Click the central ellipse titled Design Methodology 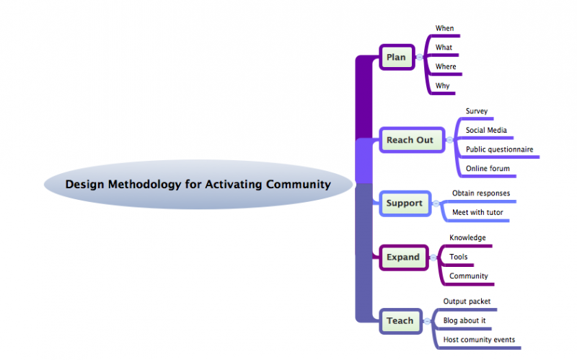tap(198, 184)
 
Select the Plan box tap(397, 57)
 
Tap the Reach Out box tap(410, 140)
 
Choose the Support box tap(404, 203)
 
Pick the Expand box tap(402, 257)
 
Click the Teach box tap(400, 320)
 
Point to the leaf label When tap(444, 28)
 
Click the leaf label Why tap(442, 86)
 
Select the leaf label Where tap(446, 66)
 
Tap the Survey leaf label tap(477, 111)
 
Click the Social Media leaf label tap(485, 130)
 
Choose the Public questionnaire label tap(499, 149)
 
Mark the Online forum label tap(488, 169)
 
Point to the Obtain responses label tap(480, 193)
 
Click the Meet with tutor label tap(477, 213)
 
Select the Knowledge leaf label tap(467, 237)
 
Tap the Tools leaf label tap(458, 257)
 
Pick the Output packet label tap(467, 301)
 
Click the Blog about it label tap(468, 320)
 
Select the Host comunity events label tap(478, 340)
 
